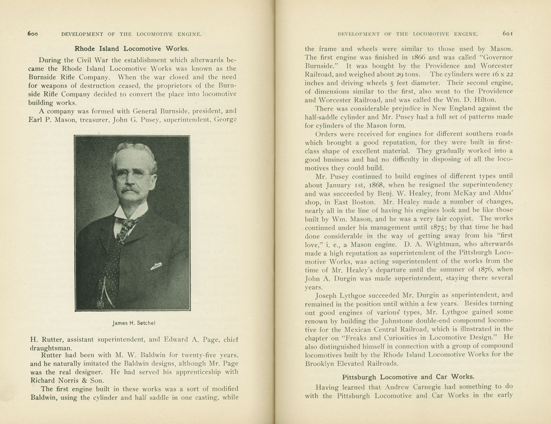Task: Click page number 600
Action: (33, 34)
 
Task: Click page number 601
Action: (508, 34)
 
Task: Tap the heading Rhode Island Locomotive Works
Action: (132, 48)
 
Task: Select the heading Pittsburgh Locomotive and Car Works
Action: (408, 377)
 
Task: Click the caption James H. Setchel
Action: (134, 323)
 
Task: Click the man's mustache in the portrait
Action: (131, 190)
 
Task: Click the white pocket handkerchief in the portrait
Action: (156, 266)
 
